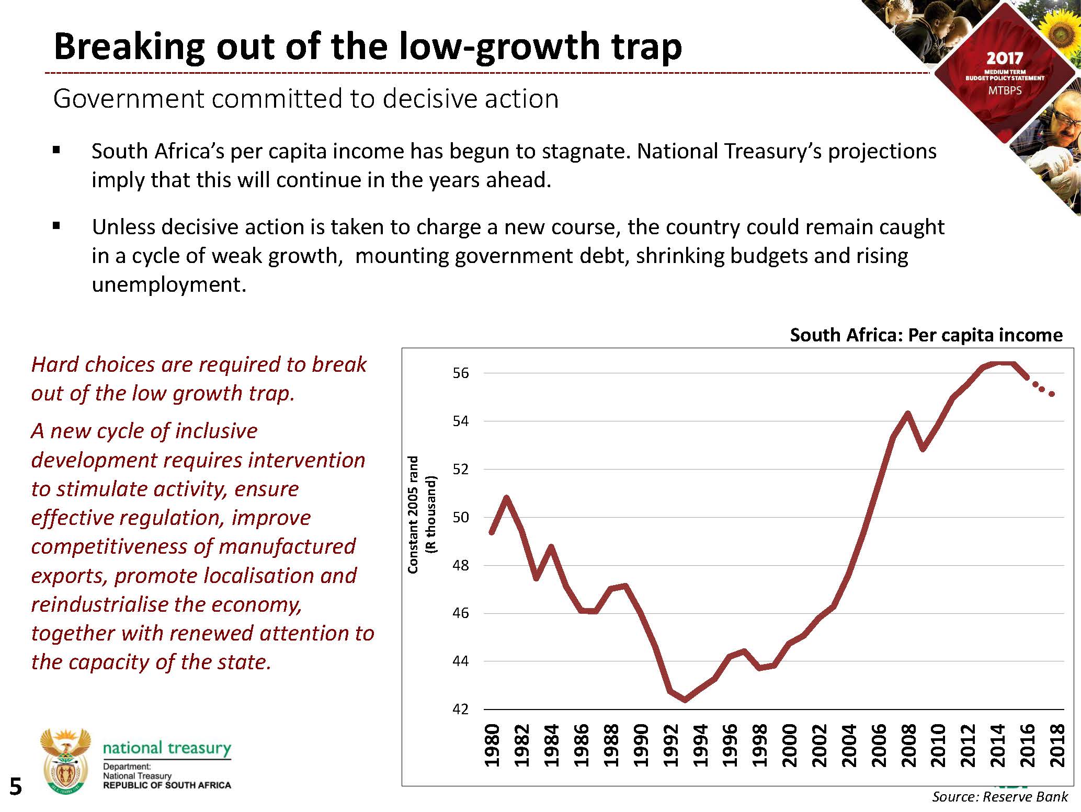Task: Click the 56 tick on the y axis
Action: [461, 373]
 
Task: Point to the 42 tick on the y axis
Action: [461, 710]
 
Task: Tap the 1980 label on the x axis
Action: [492, 746]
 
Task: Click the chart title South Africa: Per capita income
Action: [926, 335]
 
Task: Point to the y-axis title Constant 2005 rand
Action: [413, 515]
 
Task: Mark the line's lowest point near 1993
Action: [686, 700]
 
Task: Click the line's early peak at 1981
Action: [506, 497]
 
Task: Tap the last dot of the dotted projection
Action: [1052, 394]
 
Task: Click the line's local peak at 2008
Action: [907, 414]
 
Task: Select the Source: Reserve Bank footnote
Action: [999, 797]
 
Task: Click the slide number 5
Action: [16, 787]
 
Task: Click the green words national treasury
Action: [167, 748]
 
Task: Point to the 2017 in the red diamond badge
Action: [1004, 58]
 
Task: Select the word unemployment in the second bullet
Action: [168, 284]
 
